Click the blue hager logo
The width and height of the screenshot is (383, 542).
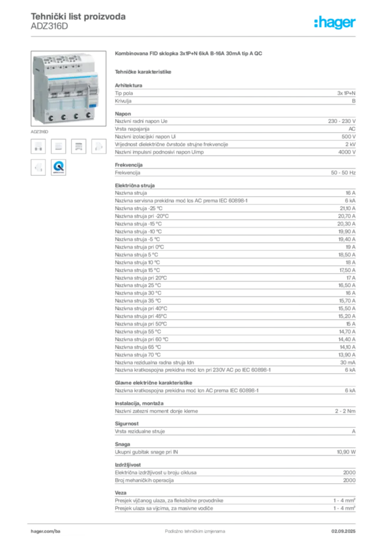point(335,23)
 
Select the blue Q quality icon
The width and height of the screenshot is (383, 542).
point(59,167)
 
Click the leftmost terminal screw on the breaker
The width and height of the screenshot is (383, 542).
point(49,116)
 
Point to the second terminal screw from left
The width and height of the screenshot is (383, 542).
point(63,116)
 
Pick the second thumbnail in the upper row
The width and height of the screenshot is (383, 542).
point(59,146)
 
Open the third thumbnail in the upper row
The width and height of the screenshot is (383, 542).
point(78,146)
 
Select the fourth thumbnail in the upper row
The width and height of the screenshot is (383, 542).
point(98,146)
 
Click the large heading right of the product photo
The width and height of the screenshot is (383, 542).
point(189,55)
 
